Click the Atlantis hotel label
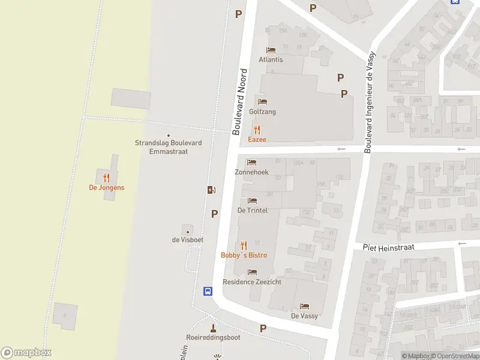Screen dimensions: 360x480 click(271, 59)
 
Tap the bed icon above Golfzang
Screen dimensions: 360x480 click(262, 101)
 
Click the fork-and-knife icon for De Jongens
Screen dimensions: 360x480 click(107, 177)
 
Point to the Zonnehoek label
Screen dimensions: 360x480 click(251, 172)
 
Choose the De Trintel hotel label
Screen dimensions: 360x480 click(252, 211)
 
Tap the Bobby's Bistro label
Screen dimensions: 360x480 click(244, 255)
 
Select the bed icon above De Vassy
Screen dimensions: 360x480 click(304, 306)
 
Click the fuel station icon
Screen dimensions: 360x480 click(211, 190)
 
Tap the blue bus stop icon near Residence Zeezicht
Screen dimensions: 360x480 click(208, 292)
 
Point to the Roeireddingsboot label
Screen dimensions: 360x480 click(213, 337)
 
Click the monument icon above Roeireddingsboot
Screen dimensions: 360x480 click(212, 328)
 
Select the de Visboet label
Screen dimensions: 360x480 click(188, 240)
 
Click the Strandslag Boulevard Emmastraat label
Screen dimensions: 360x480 click(168, 147)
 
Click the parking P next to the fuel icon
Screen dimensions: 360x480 click(215, 213)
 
